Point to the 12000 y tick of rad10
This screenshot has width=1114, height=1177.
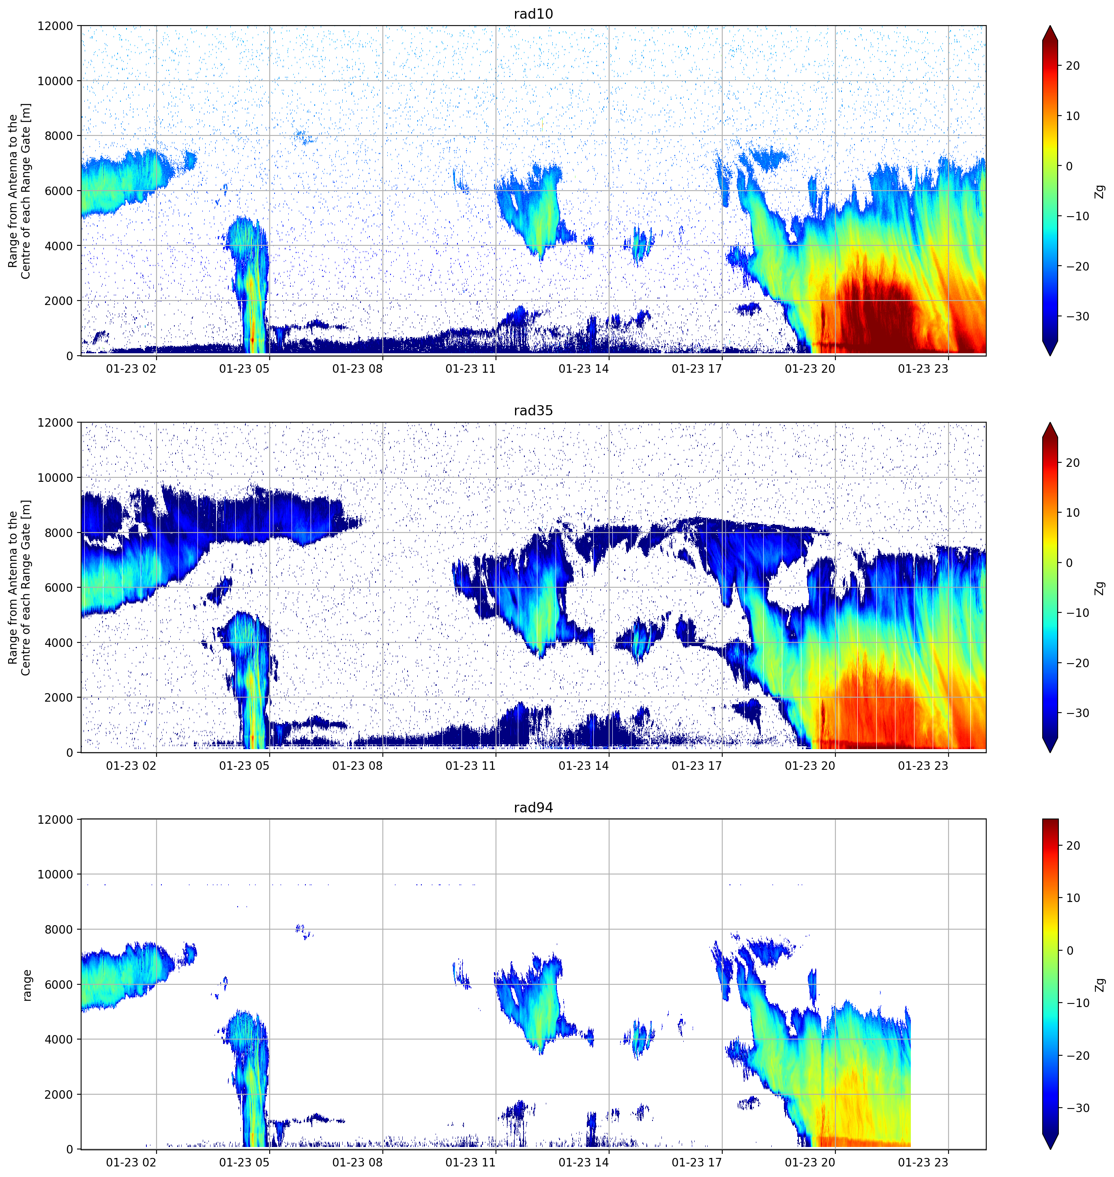point(55,26)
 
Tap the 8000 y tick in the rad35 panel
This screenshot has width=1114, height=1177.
point(59,533)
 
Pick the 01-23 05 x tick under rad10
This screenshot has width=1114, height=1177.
point(244,369)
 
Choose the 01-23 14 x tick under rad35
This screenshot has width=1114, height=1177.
point(584,765)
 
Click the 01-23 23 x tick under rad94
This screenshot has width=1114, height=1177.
point(923,1162)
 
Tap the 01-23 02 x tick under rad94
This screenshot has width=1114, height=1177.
point(131,1162)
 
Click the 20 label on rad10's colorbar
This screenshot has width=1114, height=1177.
point(1072,66)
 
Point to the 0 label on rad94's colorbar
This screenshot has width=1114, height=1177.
point(1069,951)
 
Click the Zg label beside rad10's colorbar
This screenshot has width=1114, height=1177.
point(1100,191)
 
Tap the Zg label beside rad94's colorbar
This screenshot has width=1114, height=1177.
point(1100,985)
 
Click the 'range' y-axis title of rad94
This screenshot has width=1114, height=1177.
point(27,985)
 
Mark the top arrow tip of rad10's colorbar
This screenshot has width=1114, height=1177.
point(1050,26)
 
